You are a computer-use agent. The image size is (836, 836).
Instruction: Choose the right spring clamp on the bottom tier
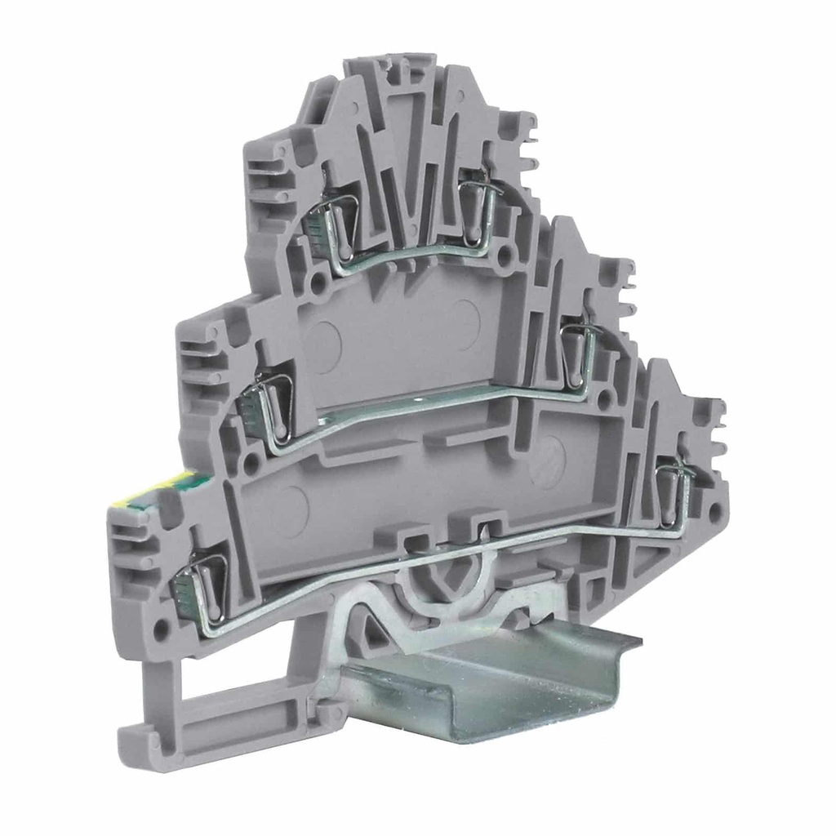(676, 490)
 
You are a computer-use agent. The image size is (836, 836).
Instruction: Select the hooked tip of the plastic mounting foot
(135, 739)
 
